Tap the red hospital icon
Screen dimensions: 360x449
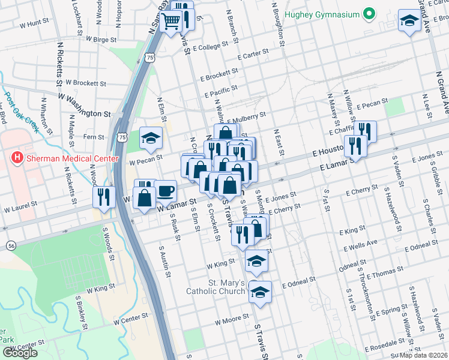pos(17,158)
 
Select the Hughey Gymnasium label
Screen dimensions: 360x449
pos(322,14)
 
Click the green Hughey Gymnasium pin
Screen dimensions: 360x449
pos(369,14)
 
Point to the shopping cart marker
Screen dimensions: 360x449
pos(172,21)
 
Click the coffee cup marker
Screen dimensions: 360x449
pos(166,191)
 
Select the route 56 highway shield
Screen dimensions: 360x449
pos(11,245)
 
